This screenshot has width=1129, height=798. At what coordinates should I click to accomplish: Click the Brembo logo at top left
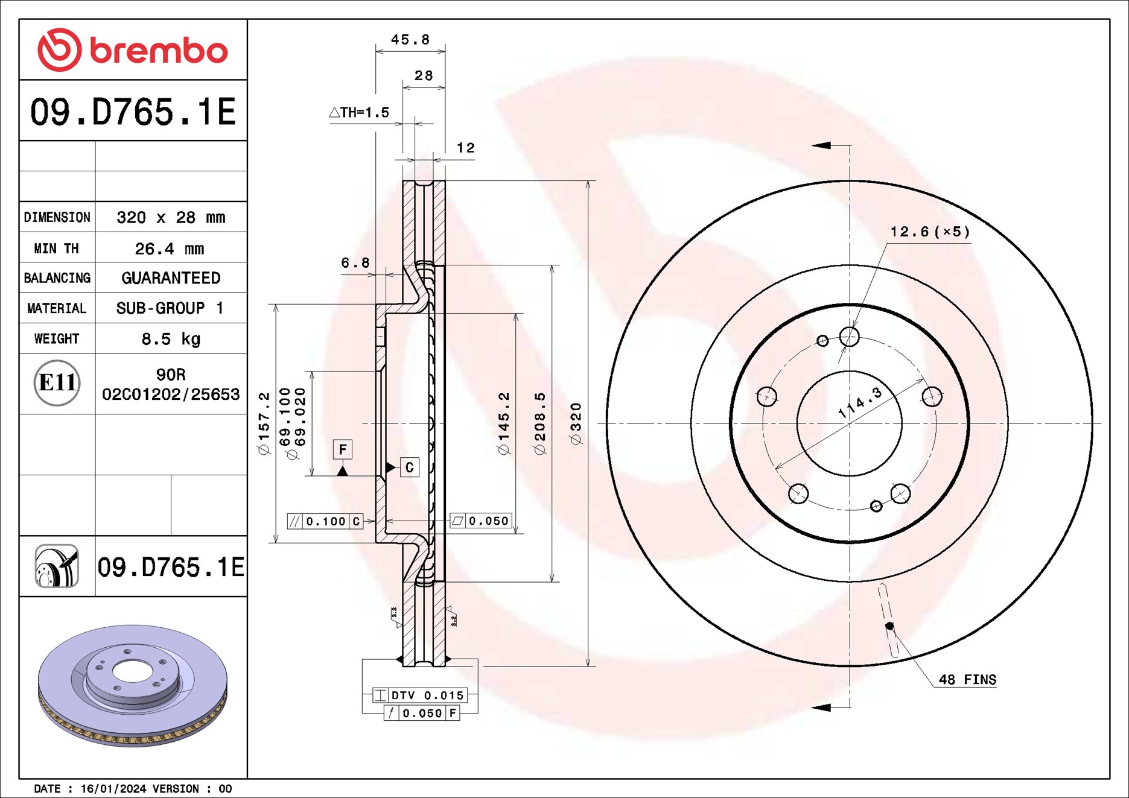click(133, 49)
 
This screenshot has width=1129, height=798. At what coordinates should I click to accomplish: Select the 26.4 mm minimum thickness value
click(170, 249)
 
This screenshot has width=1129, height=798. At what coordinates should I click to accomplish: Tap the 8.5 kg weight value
click(171, 339)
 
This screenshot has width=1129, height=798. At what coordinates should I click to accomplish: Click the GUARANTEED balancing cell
click(171, 278)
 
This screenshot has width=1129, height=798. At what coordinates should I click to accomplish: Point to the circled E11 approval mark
click(57, 382)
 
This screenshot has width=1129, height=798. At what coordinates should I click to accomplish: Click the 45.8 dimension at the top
click(410, 40)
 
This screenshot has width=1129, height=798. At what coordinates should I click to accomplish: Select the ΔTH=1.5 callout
click(359, 112)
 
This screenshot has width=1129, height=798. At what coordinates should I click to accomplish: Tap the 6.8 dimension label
click(355, 263)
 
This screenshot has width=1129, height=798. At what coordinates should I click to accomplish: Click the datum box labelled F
click(343, 449)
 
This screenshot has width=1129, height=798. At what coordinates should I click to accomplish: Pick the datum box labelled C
click(409, 467)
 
